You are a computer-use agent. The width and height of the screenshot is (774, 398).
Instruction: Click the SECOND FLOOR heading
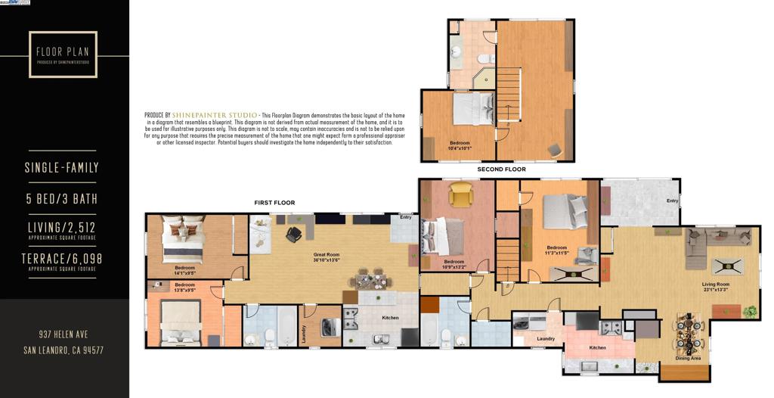point(501,169)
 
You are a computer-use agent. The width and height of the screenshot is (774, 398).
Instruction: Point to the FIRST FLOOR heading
point(274,203)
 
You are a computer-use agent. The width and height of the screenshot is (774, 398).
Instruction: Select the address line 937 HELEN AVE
point(63,334)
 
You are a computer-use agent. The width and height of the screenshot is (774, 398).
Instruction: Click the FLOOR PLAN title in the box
point(63,52)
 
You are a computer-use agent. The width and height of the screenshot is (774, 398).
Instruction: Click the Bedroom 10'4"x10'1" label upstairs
point(460,145)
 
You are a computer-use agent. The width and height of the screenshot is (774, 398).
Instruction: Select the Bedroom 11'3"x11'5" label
point(557,250)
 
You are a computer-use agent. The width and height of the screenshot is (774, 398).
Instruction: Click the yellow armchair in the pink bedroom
point(460,195)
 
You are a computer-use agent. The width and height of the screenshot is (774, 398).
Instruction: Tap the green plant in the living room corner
point(750,310)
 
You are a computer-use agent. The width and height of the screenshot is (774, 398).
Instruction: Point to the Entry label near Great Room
point(407,218)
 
